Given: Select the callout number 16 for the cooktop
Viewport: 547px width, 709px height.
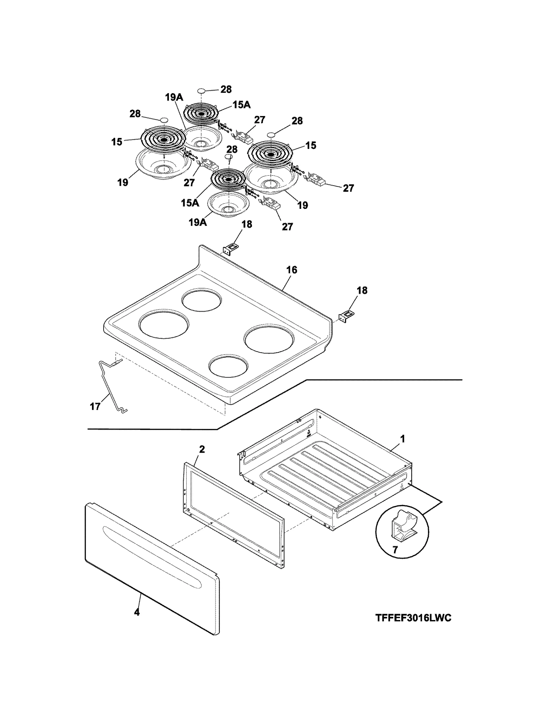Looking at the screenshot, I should coord(292,270).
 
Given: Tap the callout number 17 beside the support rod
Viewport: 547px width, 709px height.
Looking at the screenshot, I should coord(95,406).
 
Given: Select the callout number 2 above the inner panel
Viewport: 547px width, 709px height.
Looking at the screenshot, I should coord(202,449).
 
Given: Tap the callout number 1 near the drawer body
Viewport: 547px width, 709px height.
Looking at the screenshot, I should coord(403,439).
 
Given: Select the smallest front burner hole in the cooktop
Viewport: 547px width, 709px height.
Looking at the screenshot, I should coord(228,366).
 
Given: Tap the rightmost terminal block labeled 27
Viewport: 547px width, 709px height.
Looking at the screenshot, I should coord(318,179).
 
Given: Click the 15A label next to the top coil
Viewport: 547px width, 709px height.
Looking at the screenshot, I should coord(242,105).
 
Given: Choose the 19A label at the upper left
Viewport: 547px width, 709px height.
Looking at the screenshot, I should coord(174,98).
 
